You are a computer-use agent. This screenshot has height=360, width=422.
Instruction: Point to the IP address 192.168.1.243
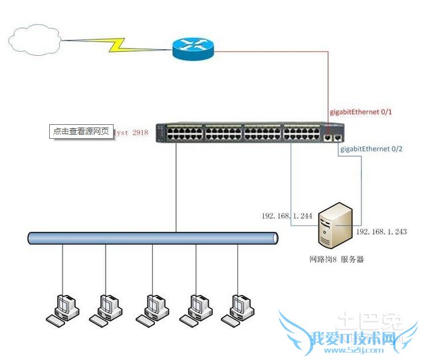(x=381, y=232)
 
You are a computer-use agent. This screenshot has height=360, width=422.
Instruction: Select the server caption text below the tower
(x=336, y=259)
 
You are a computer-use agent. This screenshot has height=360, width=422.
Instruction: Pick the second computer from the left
(x=106, y=308)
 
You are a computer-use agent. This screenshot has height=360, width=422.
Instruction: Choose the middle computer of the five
(x=152, y=308)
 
